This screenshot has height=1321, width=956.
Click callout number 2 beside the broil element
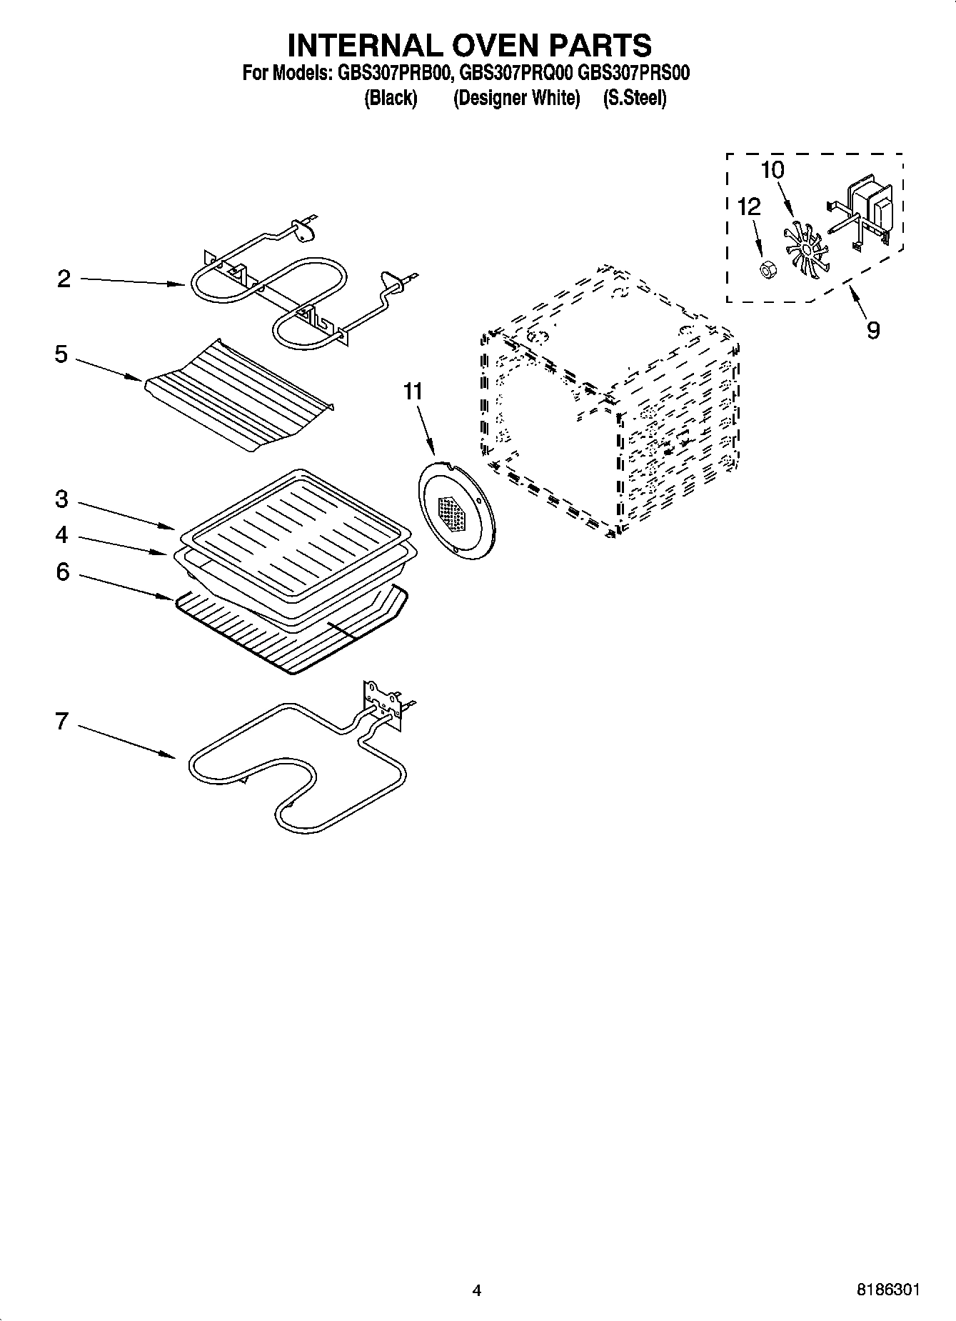64,279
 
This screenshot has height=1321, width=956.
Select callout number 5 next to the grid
62,354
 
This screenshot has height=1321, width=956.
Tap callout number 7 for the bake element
62,722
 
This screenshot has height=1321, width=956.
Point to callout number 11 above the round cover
413,392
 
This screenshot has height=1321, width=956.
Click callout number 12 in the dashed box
749,207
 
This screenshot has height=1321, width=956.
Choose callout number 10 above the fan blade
773,170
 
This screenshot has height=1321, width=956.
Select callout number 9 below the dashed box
873,330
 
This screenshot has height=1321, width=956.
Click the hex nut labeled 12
768,270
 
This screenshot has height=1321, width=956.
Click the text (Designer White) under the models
516,98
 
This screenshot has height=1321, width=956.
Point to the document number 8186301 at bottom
887,1290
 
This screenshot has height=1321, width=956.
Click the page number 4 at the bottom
477,1290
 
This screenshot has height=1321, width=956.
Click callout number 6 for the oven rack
63,572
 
